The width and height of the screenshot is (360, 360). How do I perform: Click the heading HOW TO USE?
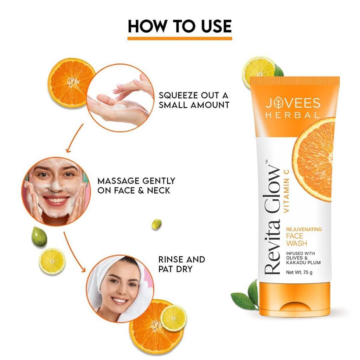tap(180, 26)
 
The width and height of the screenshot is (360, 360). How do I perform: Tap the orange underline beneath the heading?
tap(180, 38)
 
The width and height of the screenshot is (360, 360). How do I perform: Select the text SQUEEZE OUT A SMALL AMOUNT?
tap(194, 100)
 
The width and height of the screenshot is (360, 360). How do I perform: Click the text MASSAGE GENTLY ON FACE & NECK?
tap(136, 186)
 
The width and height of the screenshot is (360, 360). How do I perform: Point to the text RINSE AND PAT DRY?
tap(181, 264)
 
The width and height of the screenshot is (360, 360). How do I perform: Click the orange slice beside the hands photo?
tap(71, 82)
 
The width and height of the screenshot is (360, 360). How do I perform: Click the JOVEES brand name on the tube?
tap(292, 103)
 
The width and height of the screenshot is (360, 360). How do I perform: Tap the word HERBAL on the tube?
tap(292, 115)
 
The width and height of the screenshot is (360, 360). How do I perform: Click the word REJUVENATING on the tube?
tap(303, 229)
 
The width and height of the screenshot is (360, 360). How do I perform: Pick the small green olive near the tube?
tap(156, 224)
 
